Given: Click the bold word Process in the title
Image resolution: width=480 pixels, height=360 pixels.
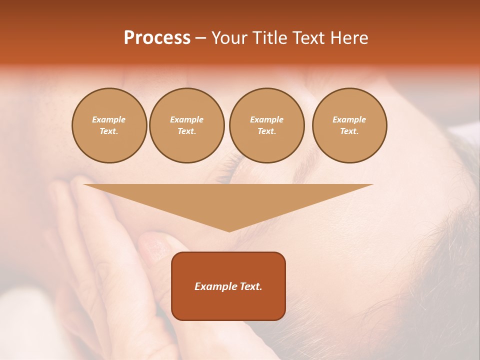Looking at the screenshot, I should (x=157, y=38).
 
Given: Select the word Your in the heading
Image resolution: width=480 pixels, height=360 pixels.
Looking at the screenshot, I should (x=229, y=38).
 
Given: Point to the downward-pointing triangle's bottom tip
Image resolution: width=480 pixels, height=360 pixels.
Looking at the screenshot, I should (x=229, y=231).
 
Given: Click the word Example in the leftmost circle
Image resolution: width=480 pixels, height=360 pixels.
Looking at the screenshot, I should (x=109, y=120).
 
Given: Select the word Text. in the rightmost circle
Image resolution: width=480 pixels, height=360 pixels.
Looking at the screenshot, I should (x=349, y=131).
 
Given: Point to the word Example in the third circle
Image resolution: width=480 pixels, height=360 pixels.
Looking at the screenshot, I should (x=266, y=120).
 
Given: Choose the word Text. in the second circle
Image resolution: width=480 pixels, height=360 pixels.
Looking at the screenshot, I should (x=186, y=131).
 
